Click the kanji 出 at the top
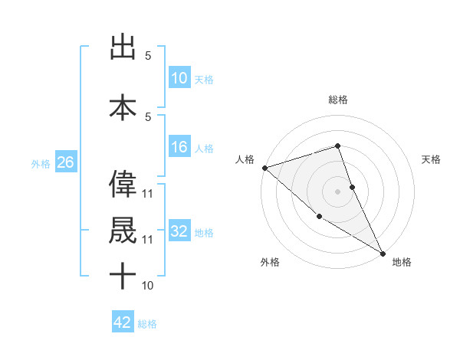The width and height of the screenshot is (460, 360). (123, 47)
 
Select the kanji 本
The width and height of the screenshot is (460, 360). (123, 107)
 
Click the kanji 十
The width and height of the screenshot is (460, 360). (123, 277)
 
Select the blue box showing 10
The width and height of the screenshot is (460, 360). (179, 78)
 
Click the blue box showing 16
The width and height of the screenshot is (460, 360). (179, 147)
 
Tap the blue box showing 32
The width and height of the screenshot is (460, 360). (179, 231)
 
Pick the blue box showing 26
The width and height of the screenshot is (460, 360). (65, 163)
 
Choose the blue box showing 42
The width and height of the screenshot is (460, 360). (123, 322)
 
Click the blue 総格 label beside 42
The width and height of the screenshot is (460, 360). (147, 324)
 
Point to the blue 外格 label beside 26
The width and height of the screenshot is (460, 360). (41, 164)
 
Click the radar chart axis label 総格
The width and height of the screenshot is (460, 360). (338, 100)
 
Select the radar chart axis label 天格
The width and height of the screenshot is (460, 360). (432, 159)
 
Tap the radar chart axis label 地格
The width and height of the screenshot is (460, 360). (402, 262)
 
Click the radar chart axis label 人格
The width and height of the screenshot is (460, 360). (245, 159)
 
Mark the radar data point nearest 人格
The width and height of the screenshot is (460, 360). (264, 168)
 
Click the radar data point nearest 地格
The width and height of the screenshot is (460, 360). (383, 252)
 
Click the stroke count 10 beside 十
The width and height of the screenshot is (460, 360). (148, 286)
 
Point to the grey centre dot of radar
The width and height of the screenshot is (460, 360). (338, 191)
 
